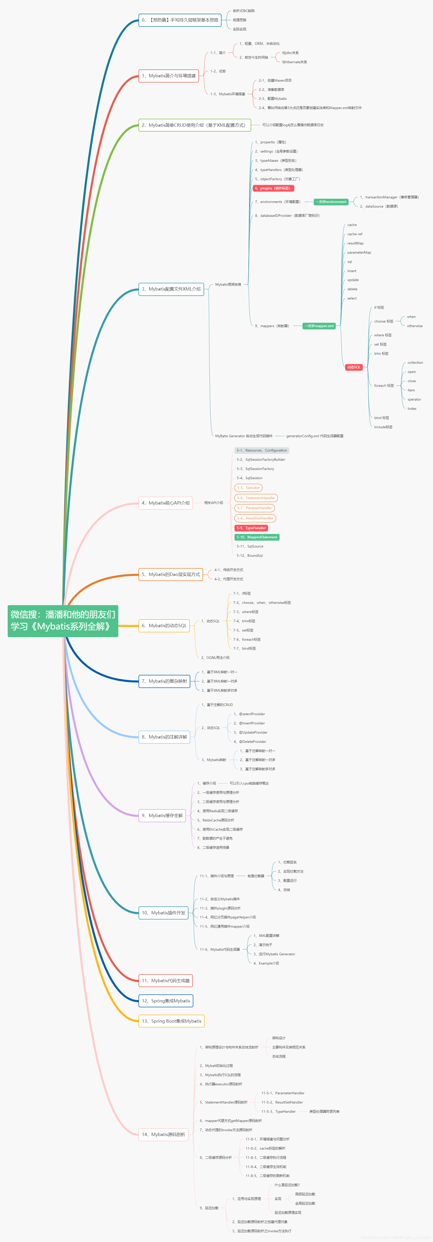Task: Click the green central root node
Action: click(63, 620)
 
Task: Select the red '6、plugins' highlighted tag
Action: click(273, 188)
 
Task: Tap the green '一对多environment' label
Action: click(332, 201)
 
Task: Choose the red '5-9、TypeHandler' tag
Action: click(251, 528)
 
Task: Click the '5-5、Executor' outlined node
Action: click(248, 487)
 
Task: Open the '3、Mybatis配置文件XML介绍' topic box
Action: click(171, 289)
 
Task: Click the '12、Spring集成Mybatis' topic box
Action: click(166, 1000)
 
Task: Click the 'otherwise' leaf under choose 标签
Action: click(415, 326)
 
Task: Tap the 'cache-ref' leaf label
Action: click(355, 234)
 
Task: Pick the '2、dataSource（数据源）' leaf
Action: click(379, 206)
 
